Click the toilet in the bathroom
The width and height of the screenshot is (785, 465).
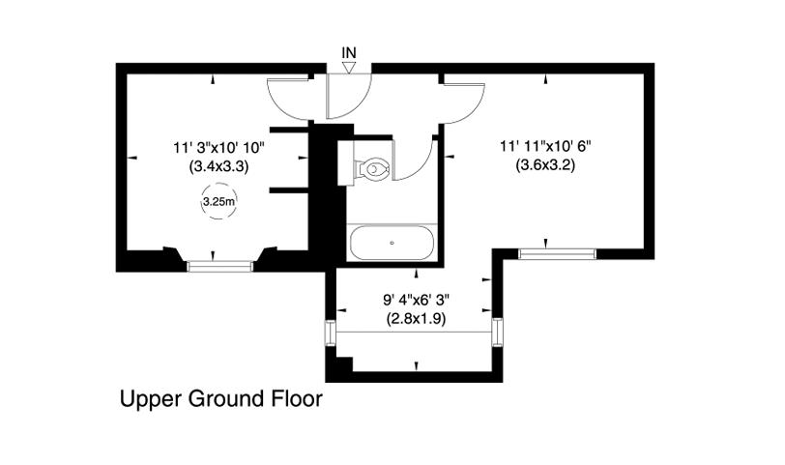(371, 168)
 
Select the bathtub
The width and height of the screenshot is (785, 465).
(392, 243)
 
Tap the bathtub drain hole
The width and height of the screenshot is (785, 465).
(392, 243)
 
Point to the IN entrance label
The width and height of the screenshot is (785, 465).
(348, 52)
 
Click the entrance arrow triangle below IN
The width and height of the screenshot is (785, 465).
(348, 68)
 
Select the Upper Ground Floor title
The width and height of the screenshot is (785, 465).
(220, 399)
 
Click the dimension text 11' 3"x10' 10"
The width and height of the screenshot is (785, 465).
(218, 148)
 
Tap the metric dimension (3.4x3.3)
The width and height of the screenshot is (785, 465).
(218, 165)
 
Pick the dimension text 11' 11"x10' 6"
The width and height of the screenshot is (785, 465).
(545, 146)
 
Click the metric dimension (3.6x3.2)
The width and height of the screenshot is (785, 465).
(545, 164)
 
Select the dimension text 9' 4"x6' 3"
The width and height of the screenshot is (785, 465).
(417, 300)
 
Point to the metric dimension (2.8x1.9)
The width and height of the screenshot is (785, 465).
(416, 318)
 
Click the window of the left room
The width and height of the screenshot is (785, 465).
(219, 266)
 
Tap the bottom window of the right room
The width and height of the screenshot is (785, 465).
(557, 253)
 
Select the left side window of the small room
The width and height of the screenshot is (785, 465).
(331, 333)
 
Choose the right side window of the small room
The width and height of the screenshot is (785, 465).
(497, 333)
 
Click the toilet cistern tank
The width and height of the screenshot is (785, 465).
(345, 162)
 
